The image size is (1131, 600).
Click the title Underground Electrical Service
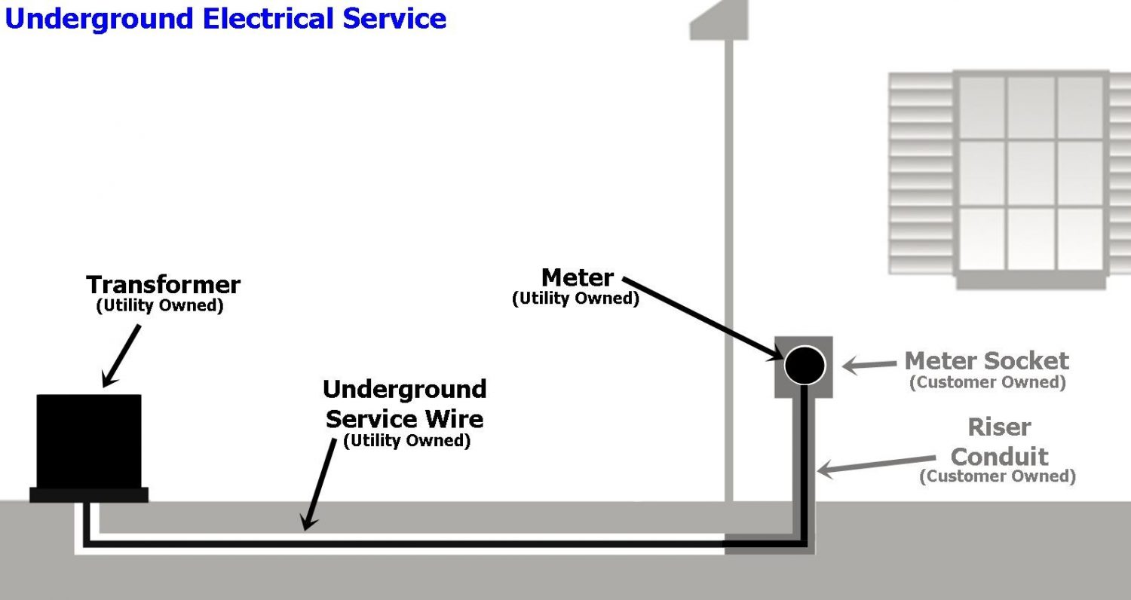pyautogui.click(x=225, y=18)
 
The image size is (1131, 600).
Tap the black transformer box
pyautogui.click(x=89, y=439)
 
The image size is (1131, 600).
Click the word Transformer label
pyautogui.click(x=163, y=285)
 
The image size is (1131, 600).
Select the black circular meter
pyautogui.click(x=805, y=366)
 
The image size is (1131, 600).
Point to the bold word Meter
pyautogui.click(x=578, y=277)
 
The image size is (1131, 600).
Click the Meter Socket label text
pyautogui.click(x=986, y=360)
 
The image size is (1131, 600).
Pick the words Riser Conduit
pyautogui.click(x=1000, y=442)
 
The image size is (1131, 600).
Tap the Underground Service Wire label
pyautogui.click(x=405, y=404)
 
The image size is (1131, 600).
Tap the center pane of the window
pyautogui.click(x=1031, y=173)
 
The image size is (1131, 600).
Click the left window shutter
pyautogui.click(x=921, y=173)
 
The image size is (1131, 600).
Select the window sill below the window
pyautogui.click(x=1031, y=280)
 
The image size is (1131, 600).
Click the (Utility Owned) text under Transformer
pyautogui.click(x=160, y=307)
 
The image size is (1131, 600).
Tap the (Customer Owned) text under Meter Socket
pyautogui.click(x=987, y=382)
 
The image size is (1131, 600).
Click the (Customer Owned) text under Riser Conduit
pyautogui.click(x=997, y=476)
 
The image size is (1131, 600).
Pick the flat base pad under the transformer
pyautogui.click(x=89, y=494)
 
